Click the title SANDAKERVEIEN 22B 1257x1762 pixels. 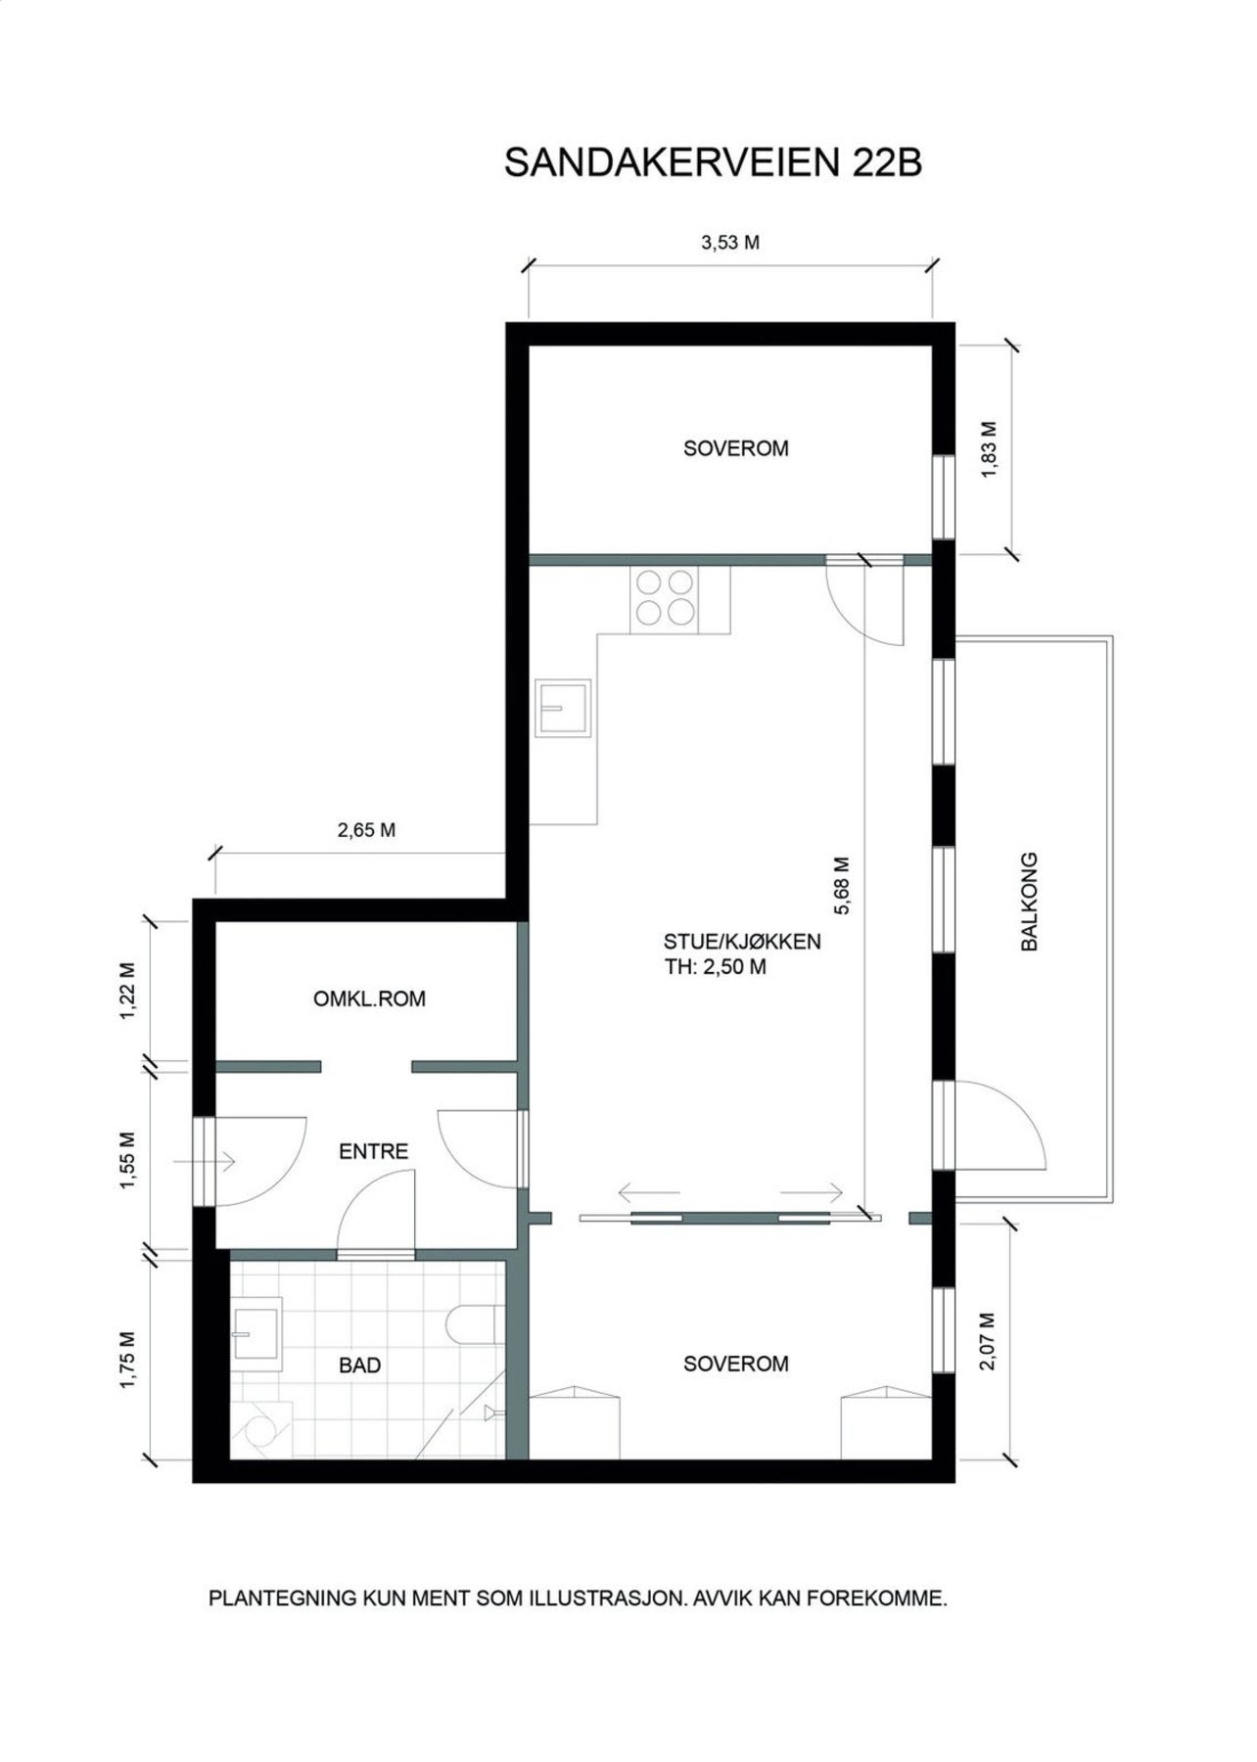713,163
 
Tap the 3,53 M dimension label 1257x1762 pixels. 730,243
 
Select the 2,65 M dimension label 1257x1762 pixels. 366,830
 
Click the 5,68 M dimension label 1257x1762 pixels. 842,886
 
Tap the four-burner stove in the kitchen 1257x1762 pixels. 667,598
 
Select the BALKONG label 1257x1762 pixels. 1029,902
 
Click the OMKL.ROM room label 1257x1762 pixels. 369,999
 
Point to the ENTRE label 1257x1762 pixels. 373,1151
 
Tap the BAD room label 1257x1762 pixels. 359,1366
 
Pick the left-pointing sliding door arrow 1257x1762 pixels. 648,1193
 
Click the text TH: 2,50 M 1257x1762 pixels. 715,967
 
